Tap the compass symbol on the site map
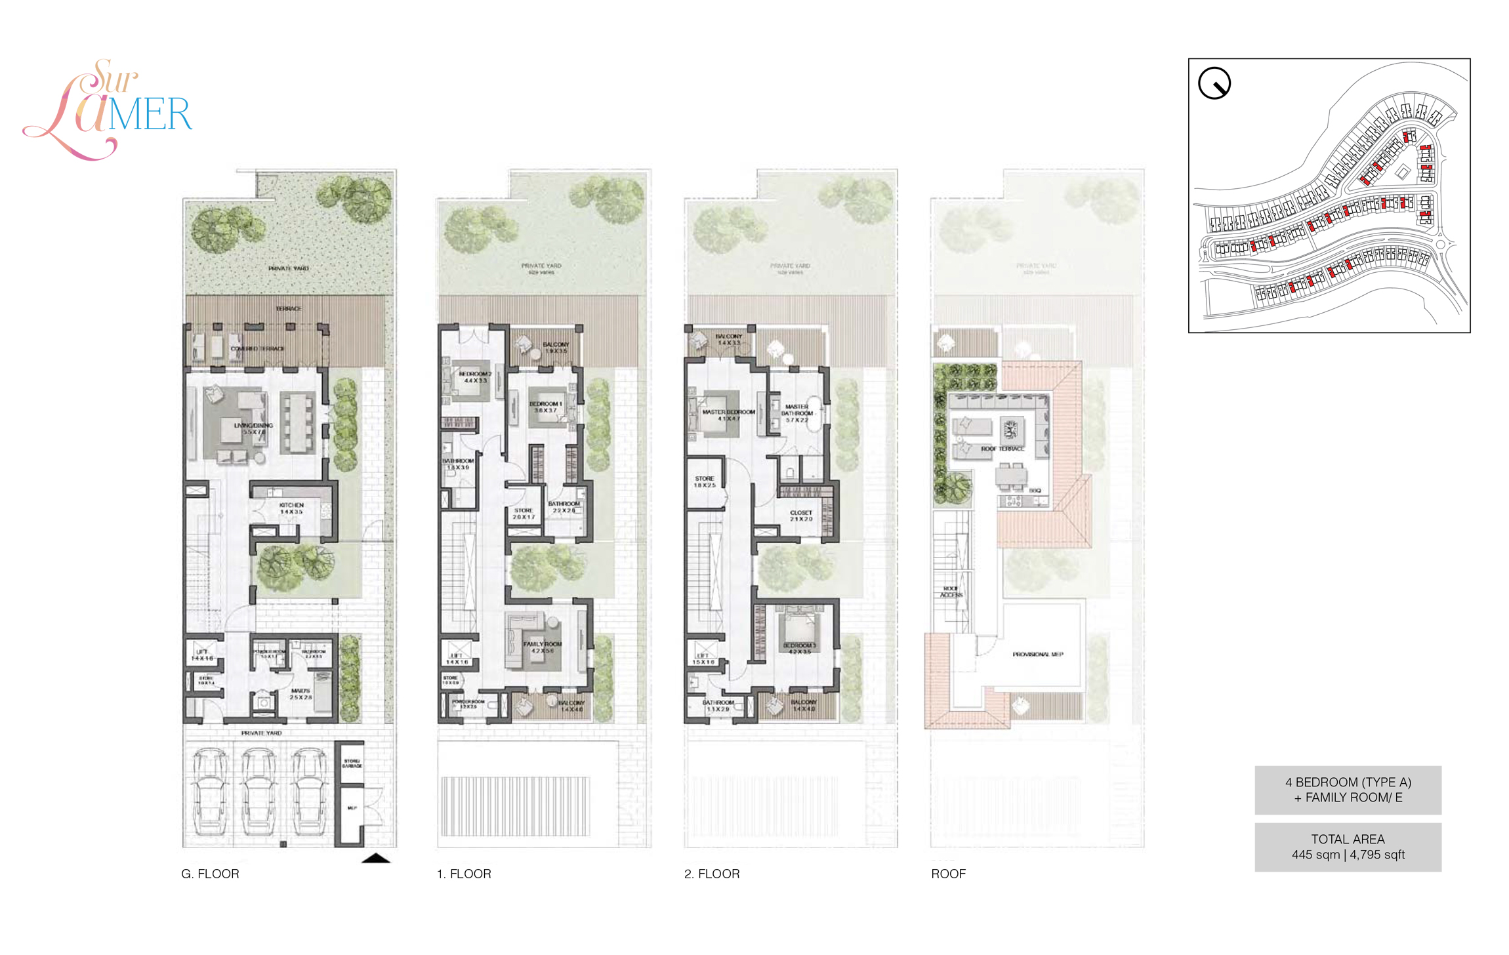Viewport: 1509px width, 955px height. (1214, 84)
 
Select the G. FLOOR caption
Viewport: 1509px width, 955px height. (210, 874)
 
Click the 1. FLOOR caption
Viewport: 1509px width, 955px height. (464, 874)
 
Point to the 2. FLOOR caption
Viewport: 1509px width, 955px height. (712, 874)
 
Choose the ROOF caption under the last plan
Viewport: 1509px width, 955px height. (948, 874)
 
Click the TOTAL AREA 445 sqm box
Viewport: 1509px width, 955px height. (1348, 847)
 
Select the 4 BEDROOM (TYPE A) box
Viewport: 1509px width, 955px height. (1348, 790)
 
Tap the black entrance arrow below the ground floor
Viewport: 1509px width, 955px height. (375, 858)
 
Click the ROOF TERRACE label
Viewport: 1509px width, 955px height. (1003, 449)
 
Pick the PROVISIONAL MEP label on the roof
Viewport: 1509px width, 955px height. (1037, 654)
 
